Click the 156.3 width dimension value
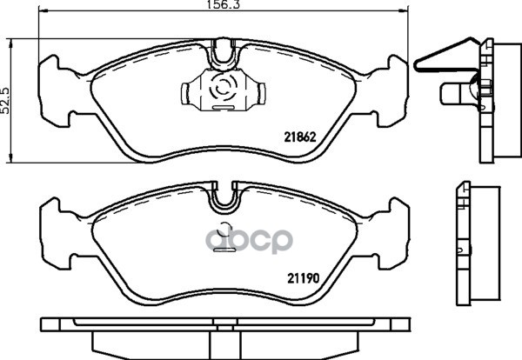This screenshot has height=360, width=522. [223, 4]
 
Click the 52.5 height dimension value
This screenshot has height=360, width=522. [5, 101]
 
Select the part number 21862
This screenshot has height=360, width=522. [299, 137]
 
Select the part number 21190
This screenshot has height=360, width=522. [304, 278]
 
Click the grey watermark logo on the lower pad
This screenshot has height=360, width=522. [249, 240]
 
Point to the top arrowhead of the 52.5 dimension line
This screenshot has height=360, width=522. [11, 43]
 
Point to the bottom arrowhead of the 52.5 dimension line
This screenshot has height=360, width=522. [11, 158]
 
